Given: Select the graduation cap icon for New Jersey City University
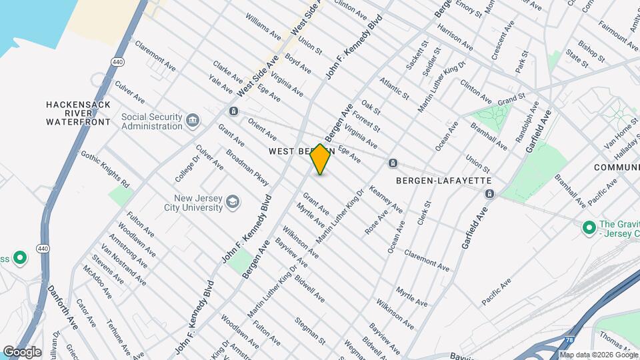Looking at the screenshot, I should pyautogui.click(x=233, y=202).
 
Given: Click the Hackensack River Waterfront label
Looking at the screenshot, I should pyautogui.click(x=78, y=113).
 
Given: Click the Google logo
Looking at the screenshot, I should pyautogui.click(x=23, y=351).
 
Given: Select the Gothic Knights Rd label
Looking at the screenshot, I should pyautogui.click(x=105, y=169).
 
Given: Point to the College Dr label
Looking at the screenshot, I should pyautogui.click(x=188, y=165).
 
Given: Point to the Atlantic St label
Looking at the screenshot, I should pyautogui.click(x=393, y=89).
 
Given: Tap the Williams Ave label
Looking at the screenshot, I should pyautogui.click(x=263, y=25).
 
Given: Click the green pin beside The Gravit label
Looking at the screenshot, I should pyautogui.click(x=589, y=228).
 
